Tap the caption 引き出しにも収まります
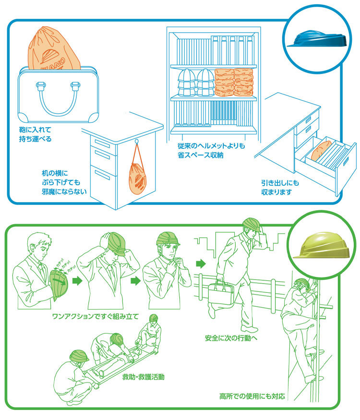[x=283, y=188]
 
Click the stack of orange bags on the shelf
[x=234, y=82]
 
